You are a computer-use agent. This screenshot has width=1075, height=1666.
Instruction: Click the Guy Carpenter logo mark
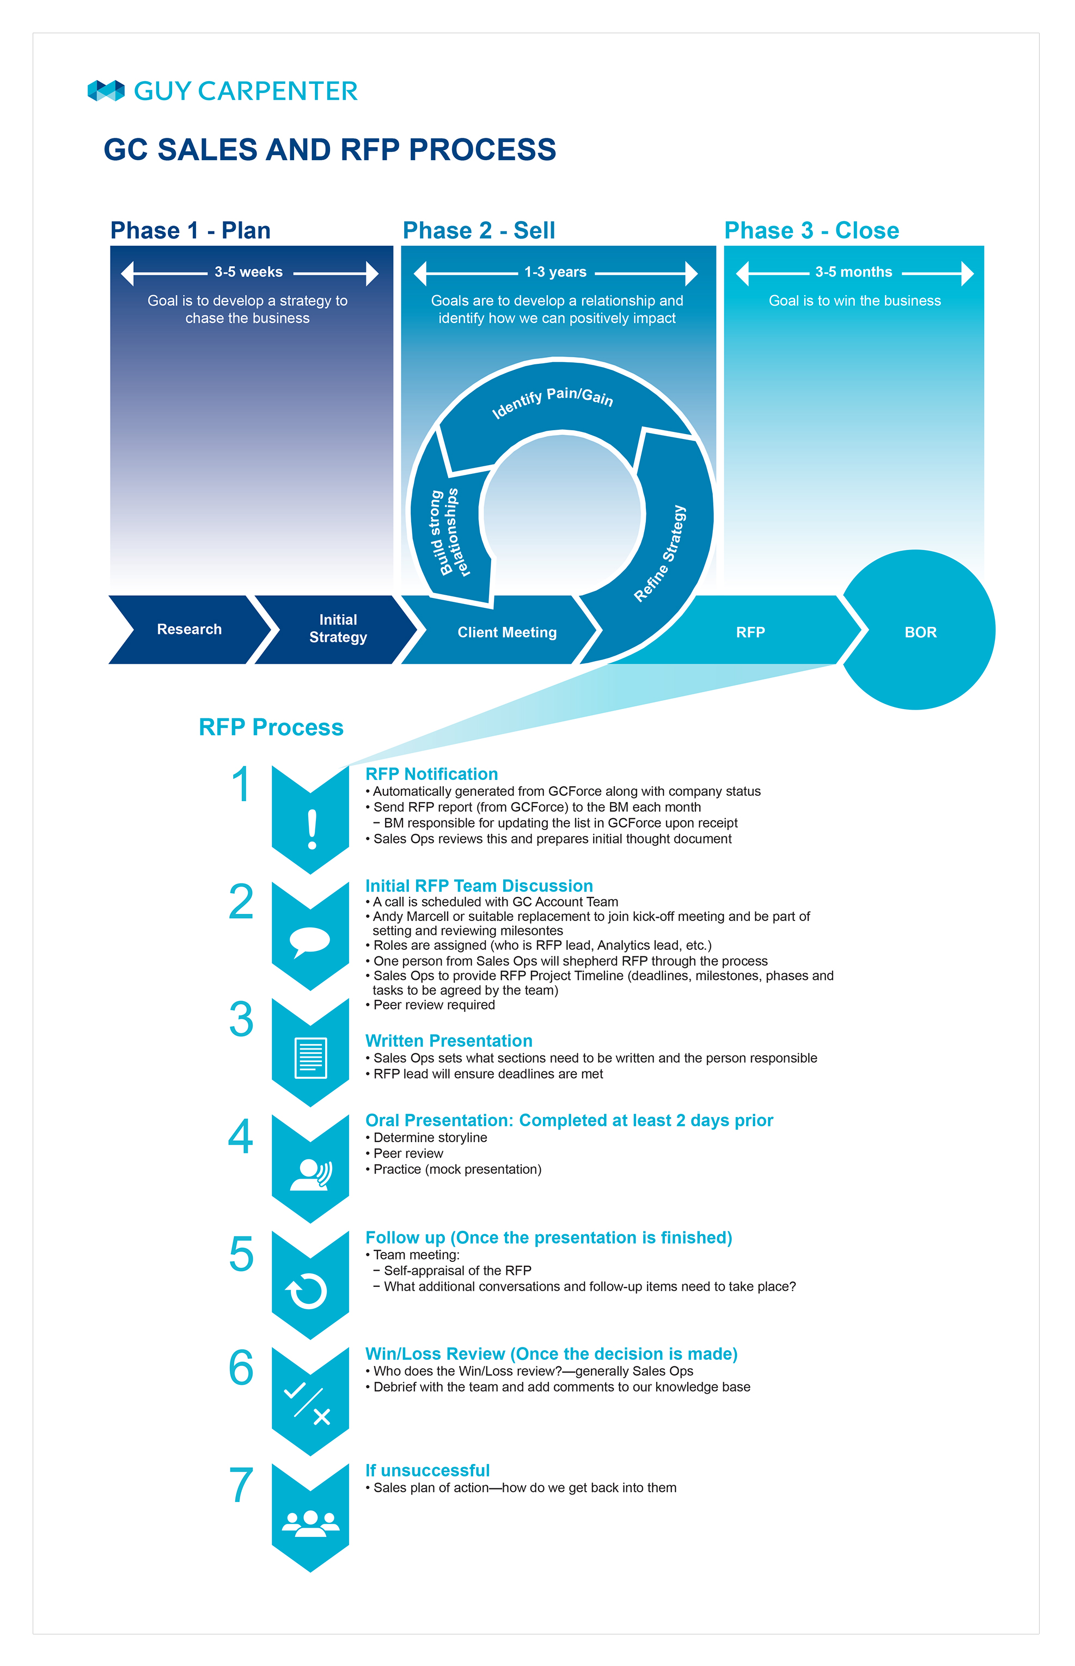tap(106, 91)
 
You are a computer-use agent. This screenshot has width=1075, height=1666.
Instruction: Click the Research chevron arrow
tap(189, 630)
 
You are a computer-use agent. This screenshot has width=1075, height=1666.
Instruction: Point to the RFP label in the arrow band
tap(750, 632)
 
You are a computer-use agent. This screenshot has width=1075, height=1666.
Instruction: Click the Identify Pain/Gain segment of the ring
tap(558, 405)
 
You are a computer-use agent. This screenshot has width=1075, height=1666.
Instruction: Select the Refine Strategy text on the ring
tap(661, 553)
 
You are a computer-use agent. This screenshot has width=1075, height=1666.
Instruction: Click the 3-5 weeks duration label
tap(248, 272)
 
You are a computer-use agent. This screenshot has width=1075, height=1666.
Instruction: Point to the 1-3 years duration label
tap(555, 272)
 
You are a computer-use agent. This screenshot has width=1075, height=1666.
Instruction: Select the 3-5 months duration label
tap(854, 272)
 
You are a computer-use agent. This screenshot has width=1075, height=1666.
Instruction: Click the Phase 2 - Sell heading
tap(479, 230)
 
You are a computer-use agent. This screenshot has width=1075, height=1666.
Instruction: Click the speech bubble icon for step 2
tap(309, 942)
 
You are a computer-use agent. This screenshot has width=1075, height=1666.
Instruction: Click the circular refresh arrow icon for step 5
tap(307, 1291)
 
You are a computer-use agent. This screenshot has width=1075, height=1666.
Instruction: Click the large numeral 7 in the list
tap(241, 1485)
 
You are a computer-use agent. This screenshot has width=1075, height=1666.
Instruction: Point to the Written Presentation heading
tap(449, 1041)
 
